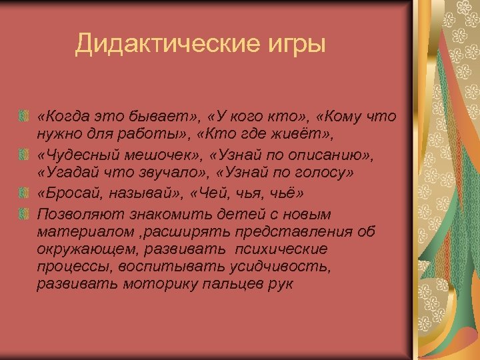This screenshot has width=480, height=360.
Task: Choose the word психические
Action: (289, 249)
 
